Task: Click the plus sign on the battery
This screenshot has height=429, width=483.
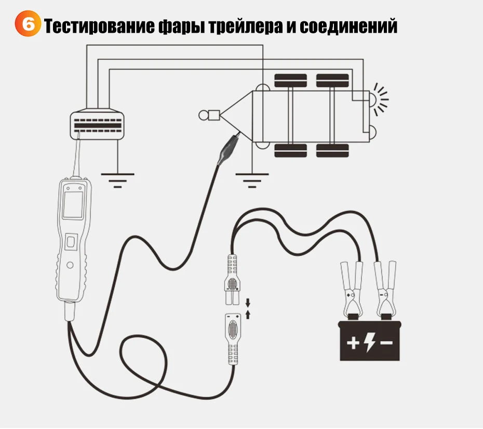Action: tap(353, 343)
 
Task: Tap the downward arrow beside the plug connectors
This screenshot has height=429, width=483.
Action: tap(248, 302)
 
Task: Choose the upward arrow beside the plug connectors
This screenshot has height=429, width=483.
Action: tap(248, 314)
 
